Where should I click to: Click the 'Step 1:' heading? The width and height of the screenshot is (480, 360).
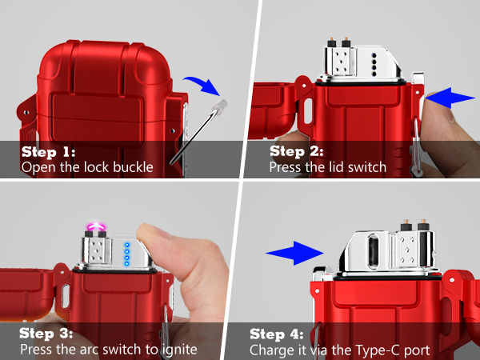point(48,152)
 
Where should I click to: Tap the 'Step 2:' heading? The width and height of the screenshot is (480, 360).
point(296,151)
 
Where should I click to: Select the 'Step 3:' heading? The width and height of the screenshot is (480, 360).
point(46,334)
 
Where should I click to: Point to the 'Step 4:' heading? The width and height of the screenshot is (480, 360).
point(277,334)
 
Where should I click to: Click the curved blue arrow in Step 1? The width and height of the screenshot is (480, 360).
point(203,84)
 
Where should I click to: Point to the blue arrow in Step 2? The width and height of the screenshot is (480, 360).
point(450,98)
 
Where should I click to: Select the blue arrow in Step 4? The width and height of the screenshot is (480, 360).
point(294,253)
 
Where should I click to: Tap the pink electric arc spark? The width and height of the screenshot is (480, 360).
point(97,227)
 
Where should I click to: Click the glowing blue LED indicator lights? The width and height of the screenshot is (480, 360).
point(126,254)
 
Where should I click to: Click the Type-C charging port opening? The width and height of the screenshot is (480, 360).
point(373,250)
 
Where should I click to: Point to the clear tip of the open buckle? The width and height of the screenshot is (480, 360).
point(222,105)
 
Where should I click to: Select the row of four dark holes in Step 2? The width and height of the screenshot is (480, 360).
point(374,65)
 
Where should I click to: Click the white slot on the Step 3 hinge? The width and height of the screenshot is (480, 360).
point(66,296)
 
